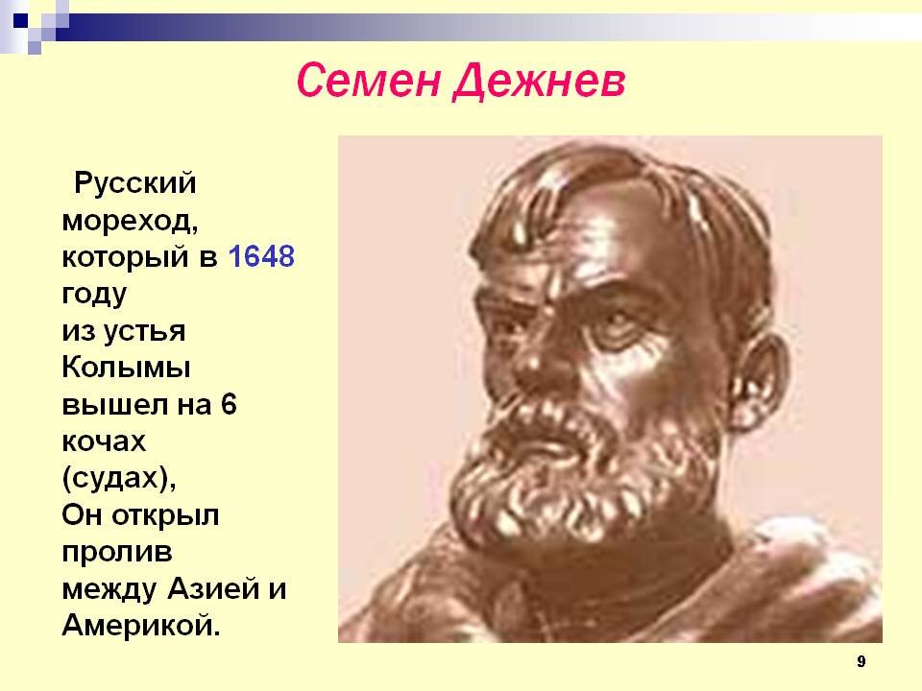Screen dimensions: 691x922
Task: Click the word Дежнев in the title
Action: (x=538, y=82)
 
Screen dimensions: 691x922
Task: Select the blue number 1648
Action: (x=260, y=257)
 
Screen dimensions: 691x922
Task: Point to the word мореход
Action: (x=129, y=221)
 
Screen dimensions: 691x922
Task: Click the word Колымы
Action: (x=126, y=369)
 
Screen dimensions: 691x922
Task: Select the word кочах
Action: (x=104, y=441)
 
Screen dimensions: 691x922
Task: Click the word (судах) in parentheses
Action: (x=119, y=478)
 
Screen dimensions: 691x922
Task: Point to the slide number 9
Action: (x=861, y=661)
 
